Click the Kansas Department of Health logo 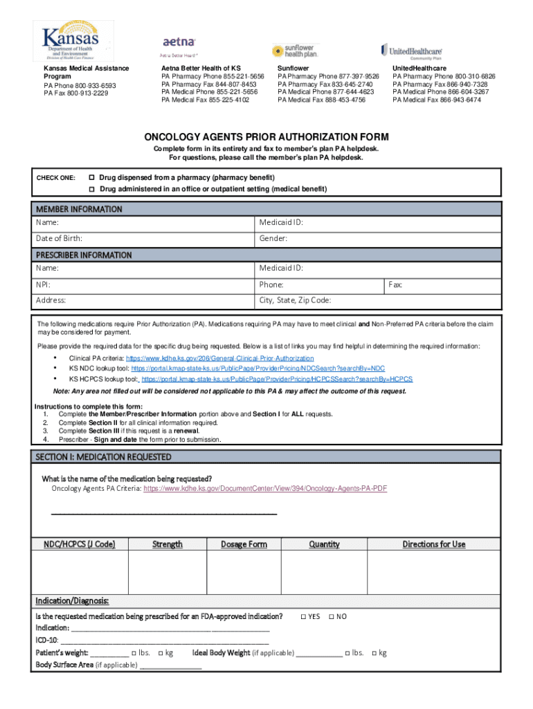pyautogui.click(x=69, y=39)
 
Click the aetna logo pyautogui.click(x=179, y=43)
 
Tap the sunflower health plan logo pyautogui.click(x=295, y=51)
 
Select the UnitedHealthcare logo pyautogui.click(x=411, y=51)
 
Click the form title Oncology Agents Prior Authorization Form pyautogui.click(x=266, y=137)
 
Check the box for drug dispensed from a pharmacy pyautogui.click(x=91, y=178)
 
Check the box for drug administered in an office pyautogui.click(x=91, y=189)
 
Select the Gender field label pyautogui.click(x=273, y=239)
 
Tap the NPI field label pyautogui.click(x=43, y=285)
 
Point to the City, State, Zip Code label pyautogui.click(x=295, y=300)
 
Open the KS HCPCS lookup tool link pyautogui.click(x=277, y=379)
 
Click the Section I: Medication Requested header pyautogui.click(x=103, y=457)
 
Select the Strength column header pyautogui.click(x=168, y=544)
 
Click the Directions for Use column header pyautogui.click(x=434, y=544)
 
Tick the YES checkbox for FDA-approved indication pyautogui.click(x=303, y=616)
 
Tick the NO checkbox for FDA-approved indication pyautogui.click(x=331, y=616)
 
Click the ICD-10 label pyautogui.click(x=47, y=640)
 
